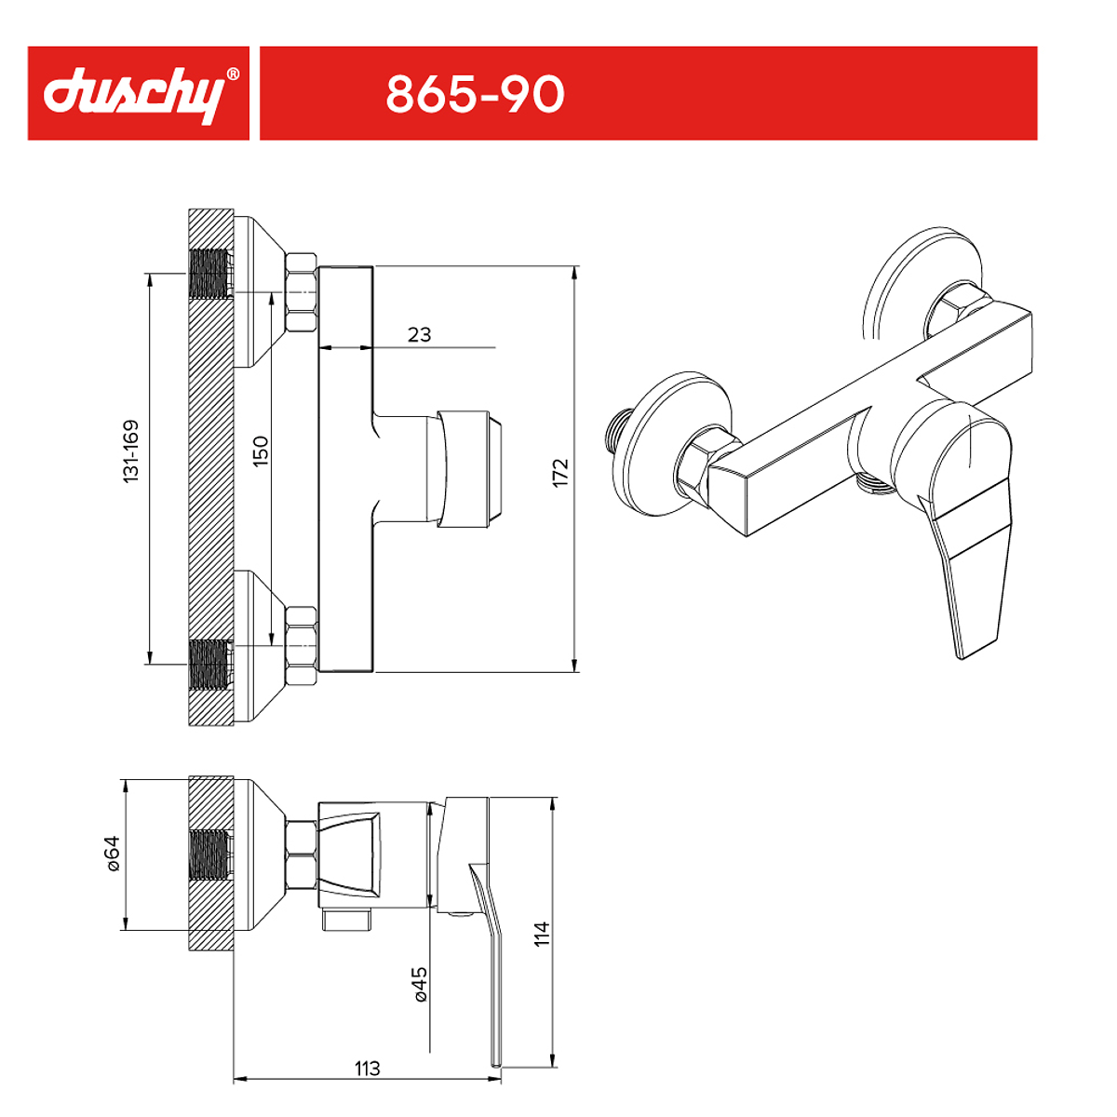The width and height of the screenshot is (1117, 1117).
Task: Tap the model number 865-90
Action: click(475, 94)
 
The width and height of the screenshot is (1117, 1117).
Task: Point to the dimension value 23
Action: click(419, 334)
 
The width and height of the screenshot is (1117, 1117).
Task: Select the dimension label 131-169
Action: click(130, 451)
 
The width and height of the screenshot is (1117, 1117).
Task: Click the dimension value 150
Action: click(261, 451)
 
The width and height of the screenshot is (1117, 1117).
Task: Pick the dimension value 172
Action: click(560, 473)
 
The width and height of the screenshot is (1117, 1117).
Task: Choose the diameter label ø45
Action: click(420, 984)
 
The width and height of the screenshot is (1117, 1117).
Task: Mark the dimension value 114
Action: click(541, 934)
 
